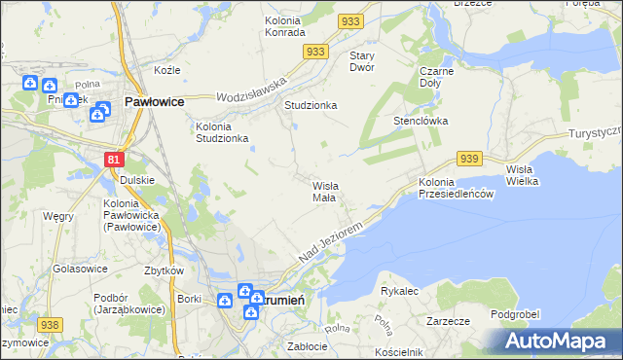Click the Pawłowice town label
pos(155,100)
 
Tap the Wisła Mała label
pos(324,191)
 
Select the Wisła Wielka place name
pos(525,176)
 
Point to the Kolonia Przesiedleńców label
pos(457,189)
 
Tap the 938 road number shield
pos(51,325)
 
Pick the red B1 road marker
pos(114,160)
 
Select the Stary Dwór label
pos(362,61)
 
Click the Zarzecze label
pos(449,319)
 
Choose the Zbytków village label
pos(164,270)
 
